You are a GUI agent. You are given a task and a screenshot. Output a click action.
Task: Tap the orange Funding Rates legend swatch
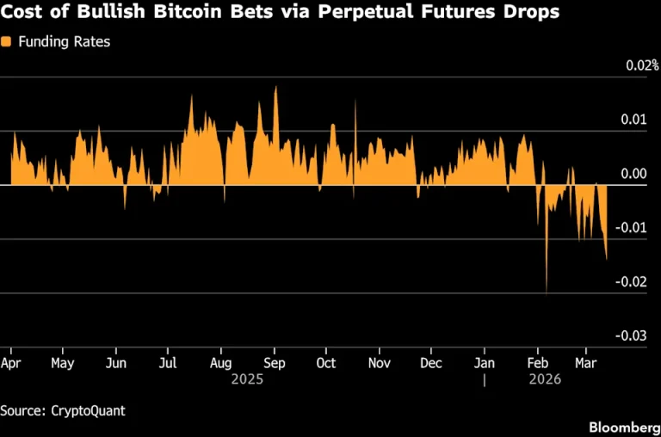click(x=6, y=41)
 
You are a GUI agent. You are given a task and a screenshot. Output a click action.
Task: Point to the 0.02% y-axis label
click(x=642, y=65)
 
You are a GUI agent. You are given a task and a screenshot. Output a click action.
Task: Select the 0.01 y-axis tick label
click(x=633, y=120)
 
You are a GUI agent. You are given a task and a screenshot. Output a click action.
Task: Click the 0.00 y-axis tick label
click(x=633, y=173)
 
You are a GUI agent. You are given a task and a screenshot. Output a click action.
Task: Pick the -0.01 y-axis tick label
click(x=631, y=228)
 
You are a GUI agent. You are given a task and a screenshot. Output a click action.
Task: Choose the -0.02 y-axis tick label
click(x=631, y=281)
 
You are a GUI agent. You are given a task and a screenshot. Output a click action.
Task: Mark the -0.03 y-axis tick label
click(x=631, y=335)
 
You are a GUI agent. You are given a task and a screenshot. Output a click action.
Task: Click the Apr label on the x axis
click(x=10, y=363)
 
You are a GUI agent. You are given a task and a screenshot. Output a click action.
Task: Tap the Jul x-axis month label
click(x=168, y=363)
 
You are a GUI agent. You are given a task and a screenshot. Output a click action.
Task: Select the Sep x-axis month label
click(x=275, y=363)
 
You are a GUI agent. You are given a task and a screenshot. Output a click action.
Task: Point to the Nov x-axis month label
click(x=380, y=363)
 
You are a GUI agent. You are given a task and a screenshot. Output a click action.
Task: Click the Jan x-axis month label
click(x=485, y=363)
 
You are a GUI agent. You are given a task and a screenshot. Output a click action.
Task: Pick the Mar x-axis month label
click(x=586, y=363)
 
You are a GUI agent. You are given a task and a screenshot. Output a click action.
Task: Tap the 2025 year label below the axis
click(x=248, y=379)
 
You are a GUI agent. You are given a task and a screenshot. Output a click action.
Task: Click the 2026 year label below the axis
click(x=545, y=379)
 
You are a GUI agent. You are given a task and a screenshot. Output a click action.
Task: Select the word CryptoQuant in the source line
click(x=88, y=411)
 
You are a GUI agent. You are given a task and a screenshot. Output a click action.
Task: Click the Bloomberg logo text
click(x=625, y=428)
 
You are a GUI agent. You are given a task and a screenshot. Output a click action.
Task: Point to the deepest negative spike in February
click(x=547, y=294)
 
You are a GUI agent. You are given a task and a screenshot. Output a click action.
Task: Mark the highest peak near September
click(x=276, y=87)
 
